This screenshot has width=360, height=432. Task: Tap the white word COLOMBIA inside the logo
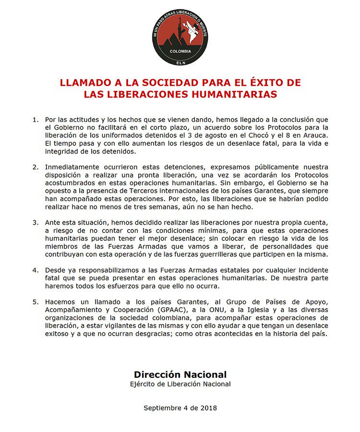[x=180, y=51]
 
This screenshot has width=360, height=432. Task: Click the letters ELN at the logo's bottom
[x=180, y=61]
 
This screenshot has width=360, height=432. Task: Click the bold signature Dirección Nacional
[x=180, y=374]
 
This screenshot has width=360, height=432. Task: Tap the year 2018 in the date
[x=208, y=408]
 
